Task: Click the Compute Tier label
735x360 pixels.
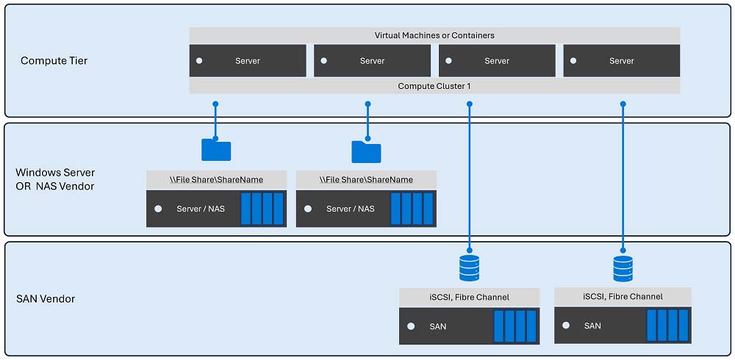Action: (54, 60)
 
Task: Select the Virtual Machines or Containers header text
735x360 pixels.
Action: (434, 35)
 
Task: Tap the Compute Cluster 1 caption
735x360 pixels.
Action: (434, 86)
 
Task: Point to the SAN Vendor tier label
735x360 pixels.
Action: (46, 299)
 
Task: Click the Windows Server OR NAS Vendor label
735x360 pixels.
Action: (55, 179)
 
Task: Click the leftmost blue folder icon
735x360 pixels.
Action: (216, 150)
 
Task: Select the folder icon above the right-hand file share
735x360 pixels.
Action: (366, 151)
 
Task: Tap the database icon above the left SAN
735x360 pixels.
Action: (469, 268)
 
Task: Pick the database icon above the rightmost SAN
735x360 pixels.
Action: (623, 269)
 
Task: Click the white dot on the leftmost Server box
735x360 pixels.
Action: (199, 61)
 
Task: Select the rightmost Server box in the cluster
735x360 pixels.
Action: (621, 61)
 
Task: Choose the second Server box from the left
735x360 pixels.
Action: (372, 61)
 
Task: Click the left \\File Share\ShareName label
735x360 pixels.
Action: (216, 179)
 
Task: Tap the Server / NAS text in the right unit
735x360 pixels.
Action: (350, 209)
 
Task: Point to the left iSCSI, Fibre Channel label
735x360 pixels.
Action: (469, 297)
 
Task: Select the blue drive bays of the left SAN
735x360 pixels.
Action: (510, 326)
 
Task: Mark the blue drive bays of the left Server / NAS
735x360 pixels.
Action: (262, 209)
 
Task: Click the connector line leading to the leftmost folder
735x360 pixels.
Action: (215, 120)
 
